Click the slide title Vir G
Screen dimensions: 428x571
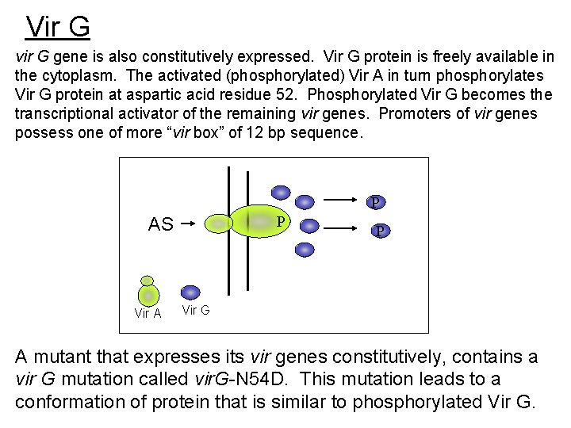coord(58,27)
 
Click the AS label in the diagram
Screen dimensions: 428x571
coord(161,224)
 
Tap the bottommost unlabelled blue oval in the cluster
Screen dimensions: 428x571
coord(305,249)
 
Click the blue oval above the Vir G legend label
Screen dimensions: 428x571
coord(190,292)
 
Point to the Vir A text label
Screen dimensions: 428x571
coord(148,313)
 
